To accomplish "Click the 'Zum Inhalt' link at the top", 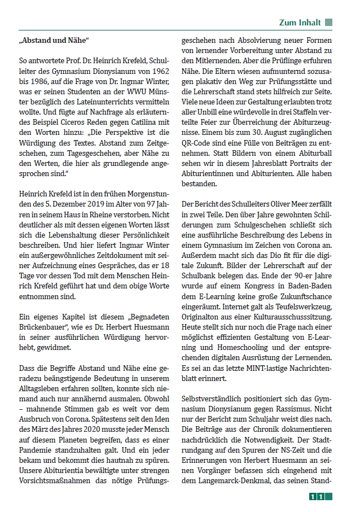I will coord(300,23).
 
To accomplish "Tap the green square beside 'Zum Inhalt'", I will coord(328,23).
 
